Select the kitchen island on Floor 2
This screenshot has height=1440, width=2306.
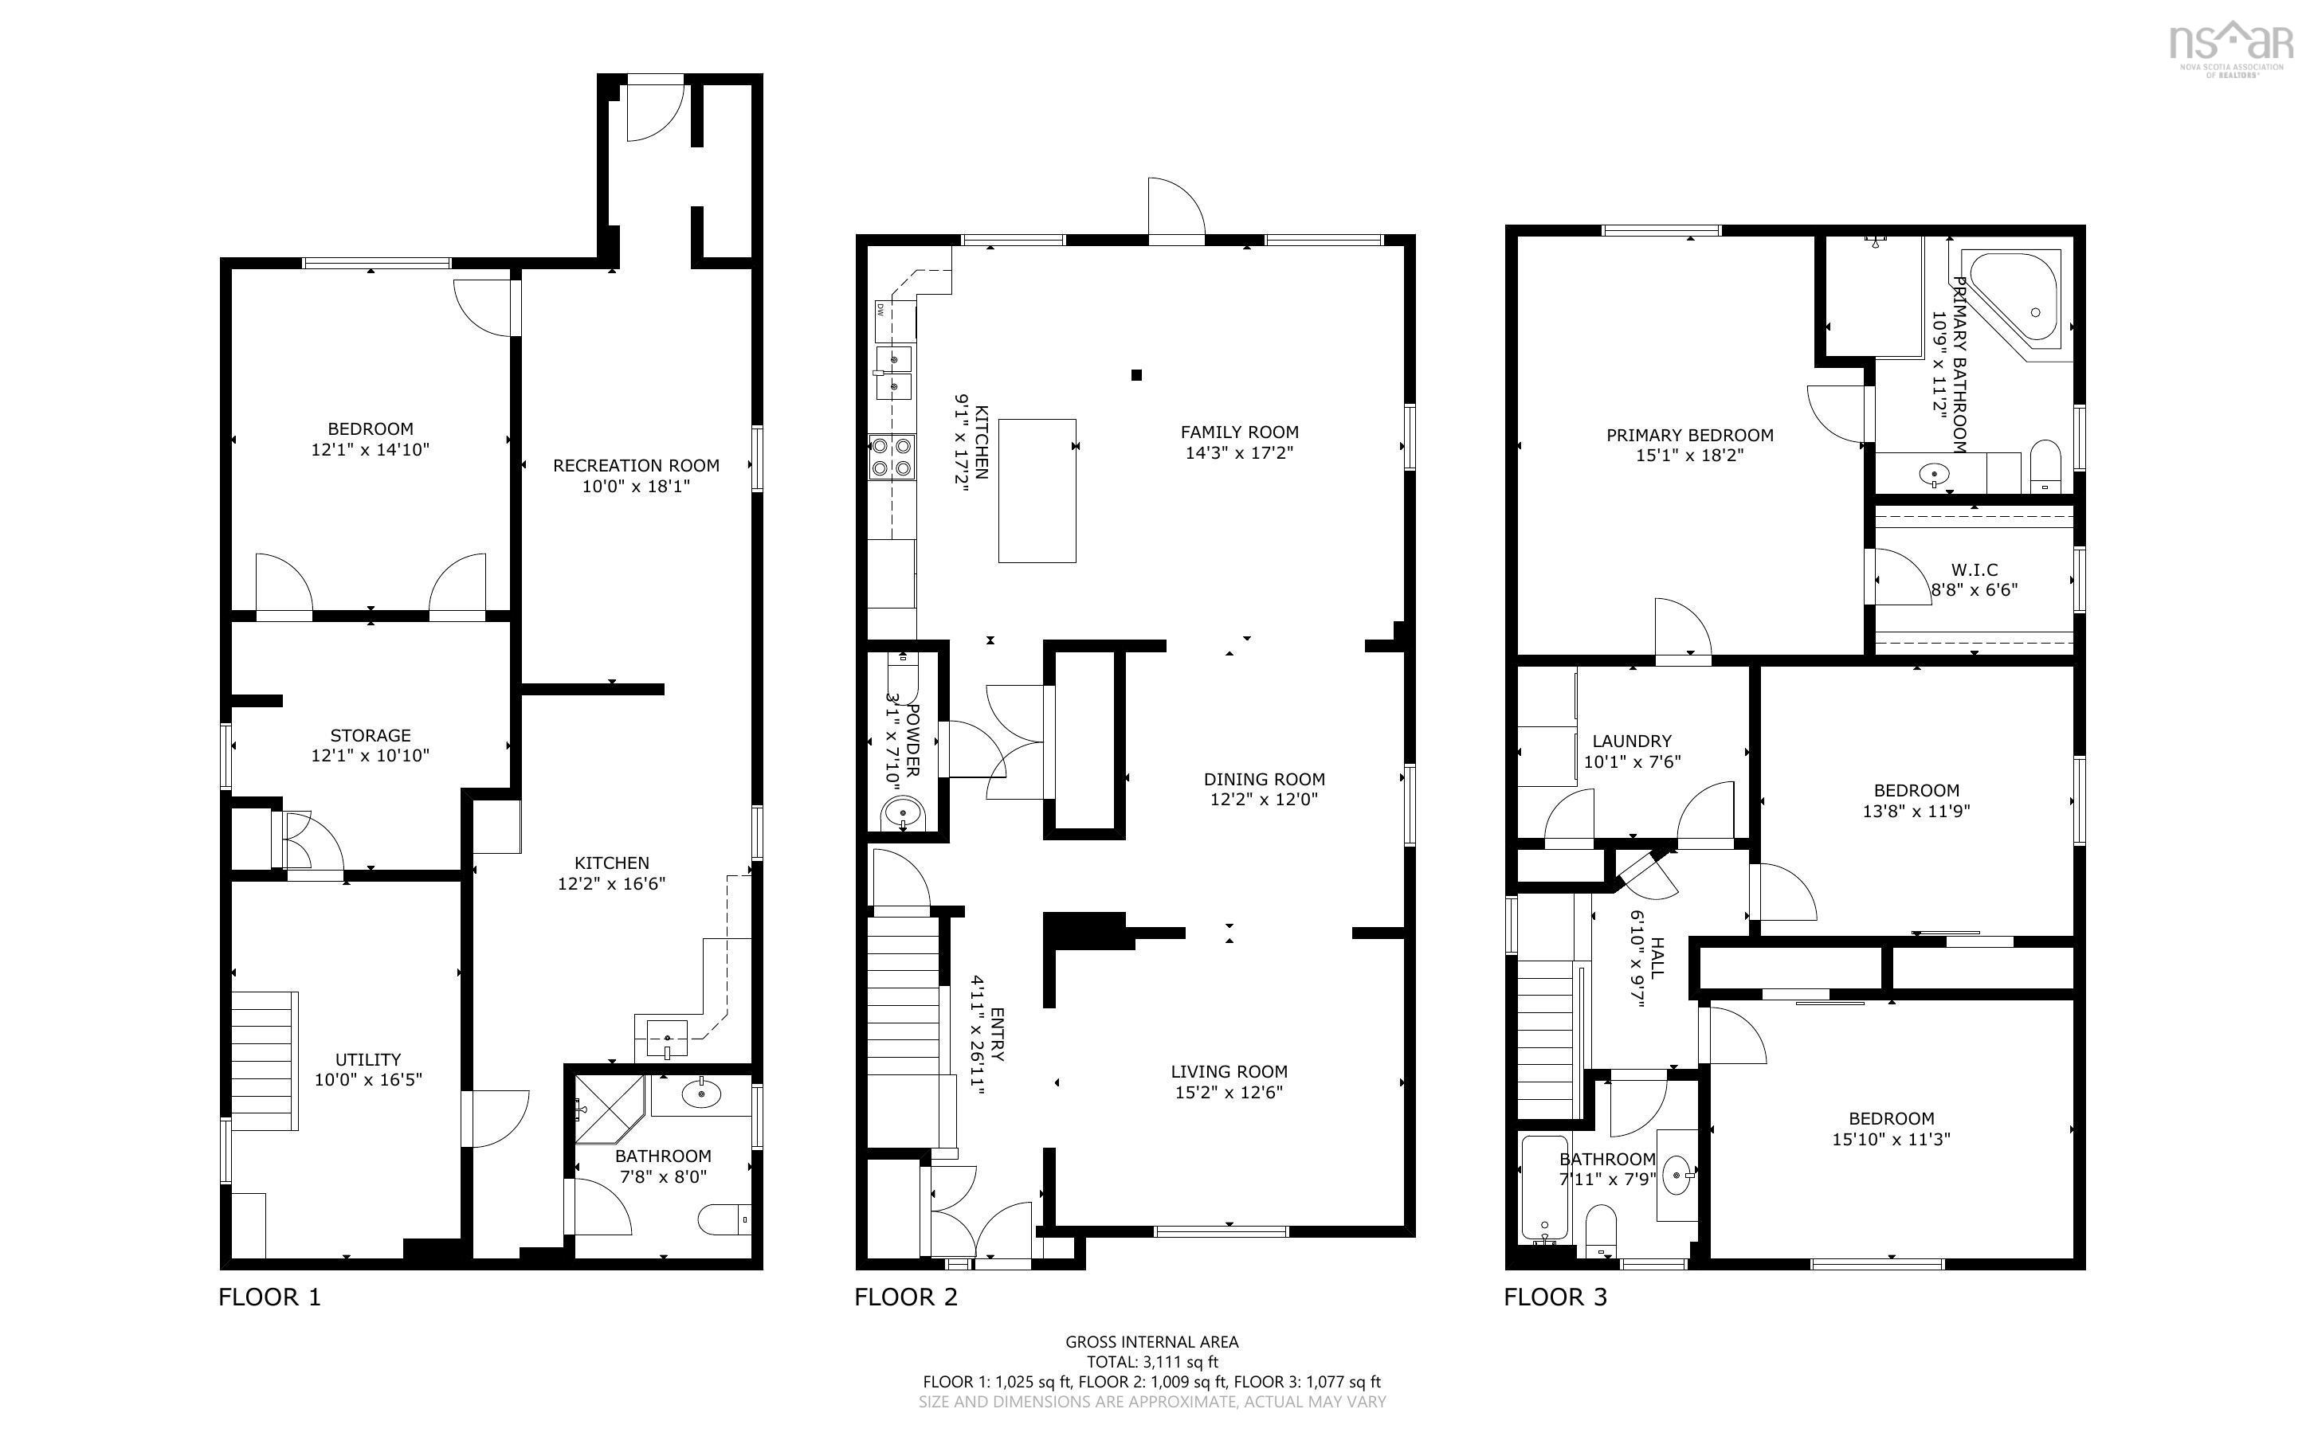coord(1037,491)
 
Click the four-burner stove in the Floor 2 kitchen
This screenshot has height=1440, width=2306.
coord(892,456)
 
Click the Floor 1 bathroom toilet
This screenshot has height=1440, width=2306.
coord(724,1219)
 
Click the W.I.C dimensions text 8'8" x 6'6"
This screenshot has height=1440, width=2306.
coord(1975,590)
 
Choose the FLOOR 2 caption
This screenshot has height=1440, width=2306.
coord(906,1297)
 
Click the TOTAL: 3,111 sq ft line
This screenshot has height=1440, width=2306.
coord(1152,1362)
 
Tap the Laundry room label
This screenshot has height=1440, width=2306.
coord(1632,741)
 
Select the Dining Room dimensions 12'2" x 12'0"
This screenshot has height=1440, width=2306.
coord(1264,800)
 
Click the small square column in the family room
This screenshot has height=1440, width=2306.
coord(1136,375)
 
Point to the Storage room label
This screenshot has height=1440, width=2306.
coord(371,735)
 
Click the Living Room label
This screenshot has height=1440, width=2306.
coord(1229,1071)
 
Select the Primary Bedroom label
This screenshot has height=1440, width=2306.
coord(1690,435)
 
